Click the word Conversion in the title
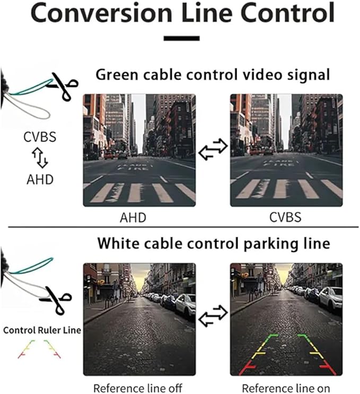pos(101,13)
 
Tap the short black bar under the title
pos(181,38)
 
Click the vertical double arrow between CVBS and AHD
pos(40,158)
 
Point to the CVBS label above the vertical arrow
pos(40,137)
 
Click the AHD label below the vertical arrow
pos(40,179)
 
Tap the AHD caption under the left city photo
pos(133,217)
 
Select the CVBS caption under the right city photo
pos(285,217)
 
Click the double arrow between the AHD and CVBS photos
pos(213,149)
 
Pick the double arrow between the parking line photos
pos(213,316)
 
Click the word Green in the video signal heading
pos(117,75)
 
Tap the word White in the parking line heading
pos(118,243)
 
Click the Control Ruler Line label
pos(42,330)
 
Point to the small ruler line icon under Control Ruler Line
pos(39,349)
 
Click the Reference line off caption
pos(138,388)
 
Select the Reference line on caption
pos(286,388)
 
